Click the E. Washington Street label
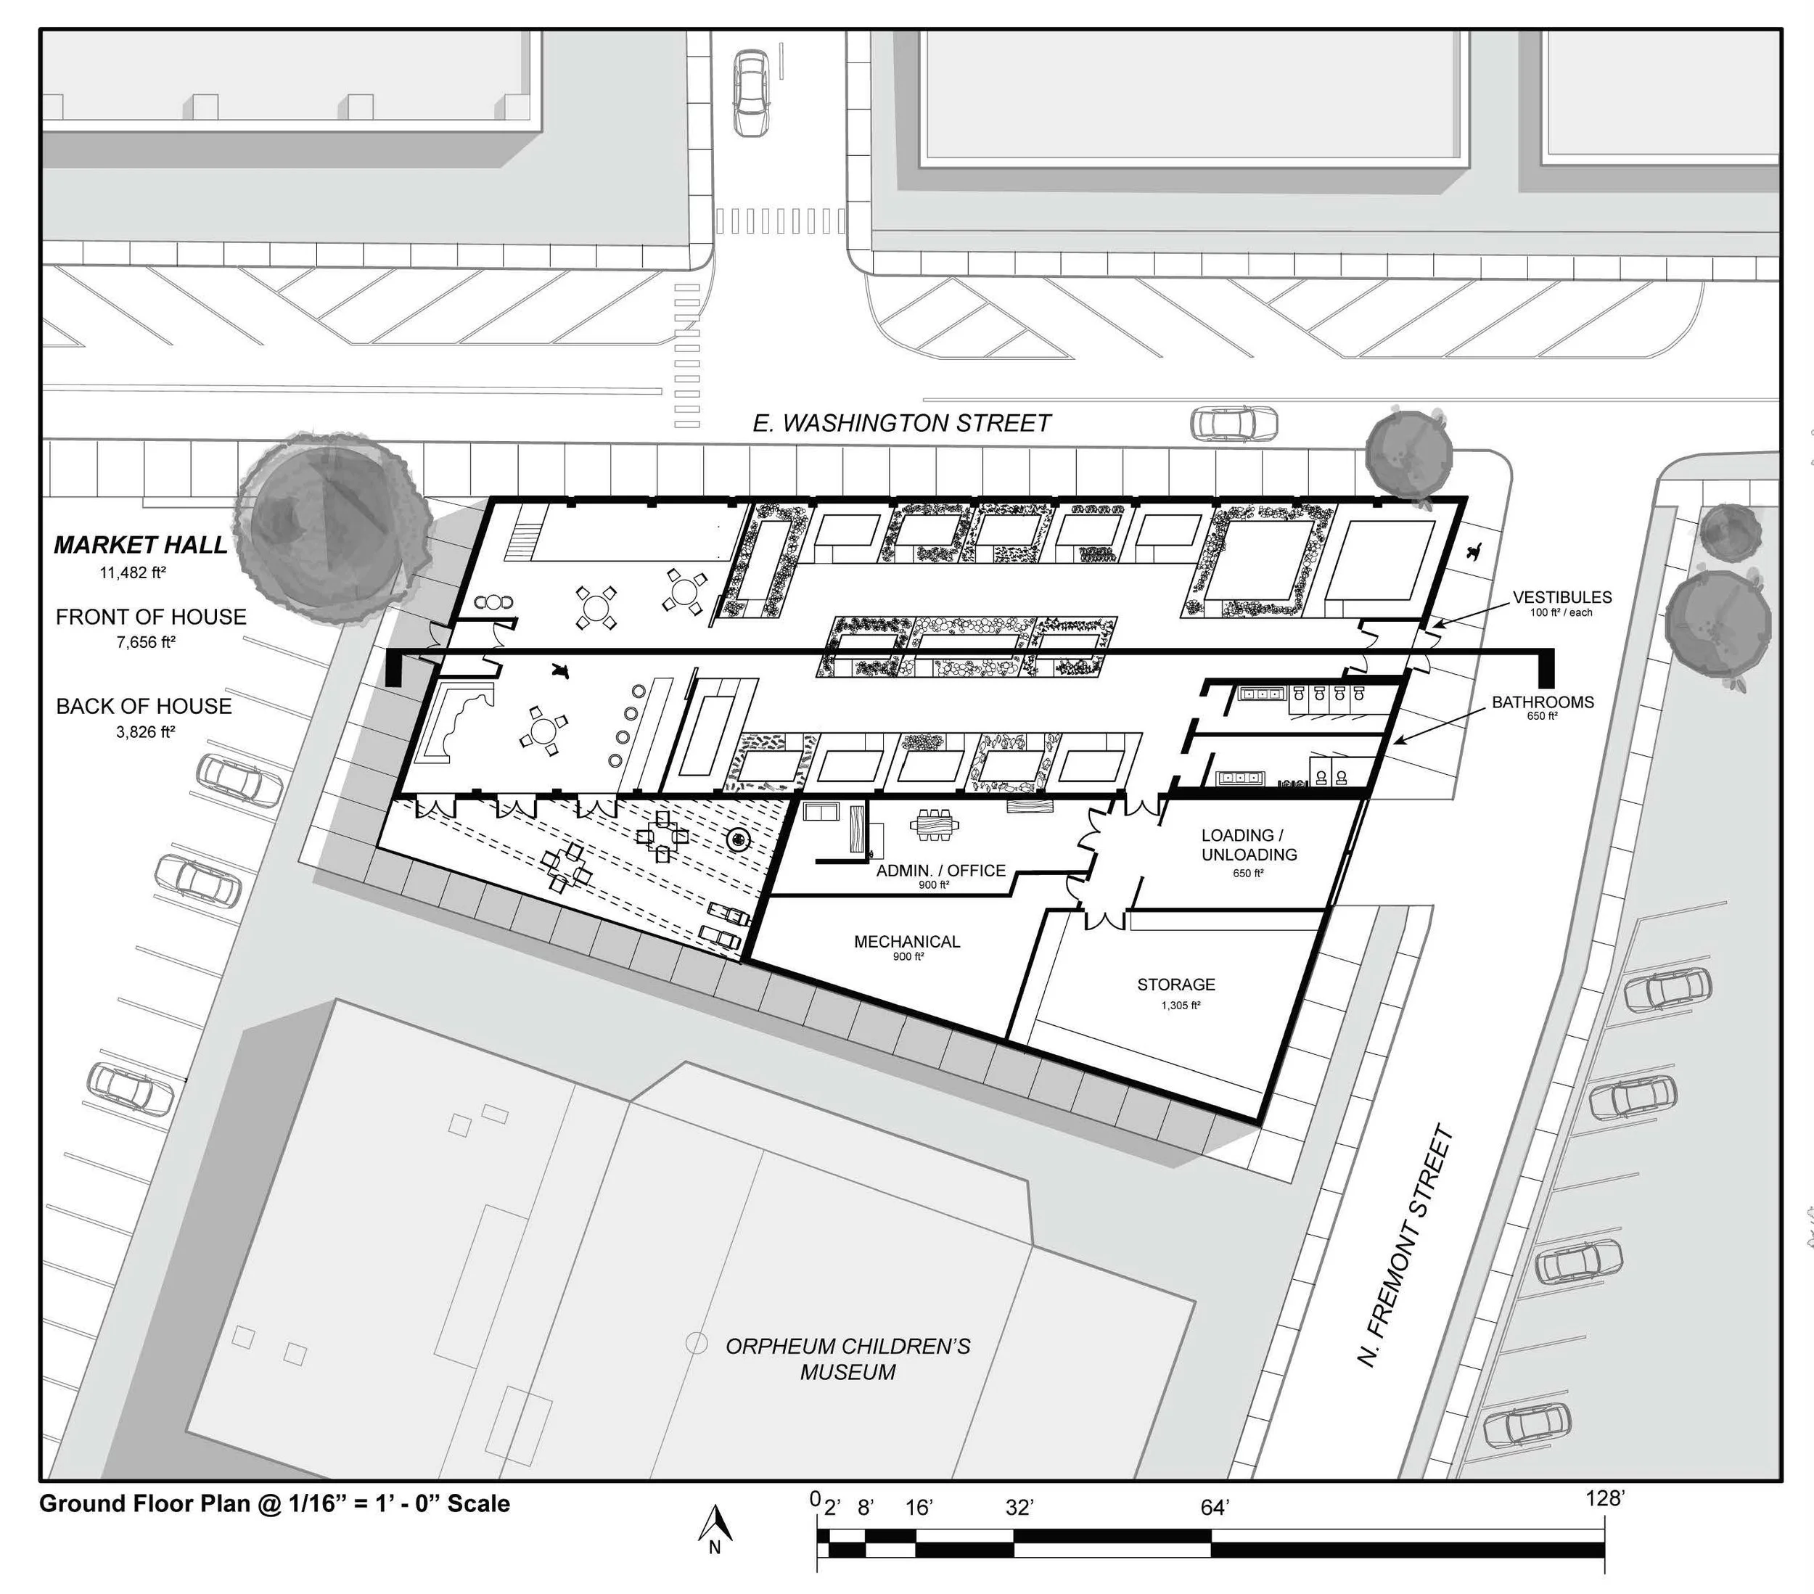click(x=902, y=424)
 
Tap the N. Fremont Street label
click(x=1407, y=1247)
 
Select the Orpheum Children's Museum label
click(x=848, y=1359)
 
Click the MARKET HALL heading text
click(x=141, y=545)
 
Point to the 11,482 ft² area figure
click(x=133, y=573)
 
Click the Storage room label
click(x=1176, y=985)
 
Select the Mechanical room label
click(x=907, y=942)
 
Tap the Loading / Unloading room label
click(x=1249, y=845)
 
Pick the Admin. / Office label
click(x=940, y=871)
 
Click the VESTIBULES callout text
click(x=1562, y=597)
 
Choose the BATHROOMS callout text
click(x=1543, y=702)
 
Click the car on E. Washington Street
click(x=1234, y=424)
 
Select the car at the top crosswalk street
click(x=751, y=92)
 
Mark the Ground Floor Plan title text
click(x=274, y=1503)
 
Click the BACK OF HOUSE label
click(x=144, y=706)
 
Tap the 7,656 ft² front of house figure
click(x=147, y=641)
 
